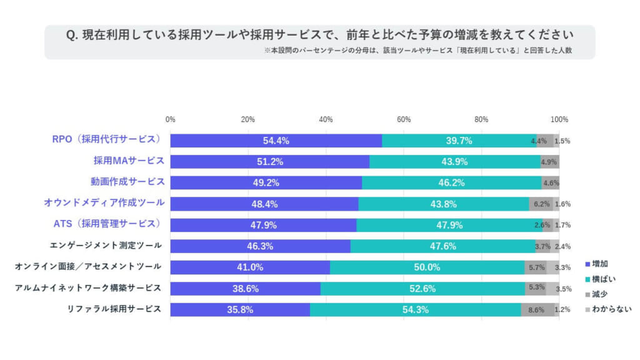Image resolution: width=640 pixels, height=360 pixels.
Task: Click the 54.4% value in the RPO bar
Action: pos(276,141)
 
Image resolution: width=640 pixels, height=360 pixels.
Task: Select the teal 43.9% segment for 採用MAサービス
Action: pos(454,162)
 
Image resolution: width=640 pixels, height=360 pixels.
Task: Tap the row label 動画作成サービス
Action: pos(127,182)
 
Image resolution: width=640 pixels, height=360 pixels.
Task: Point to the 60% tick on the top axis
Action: pos(403,119)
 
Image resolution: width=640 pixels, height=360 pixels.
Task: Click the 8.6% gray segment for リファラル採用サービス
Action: pos(536,309)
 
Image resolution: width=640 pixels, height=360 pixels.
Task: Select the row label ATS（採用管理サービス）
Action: pos(107,224)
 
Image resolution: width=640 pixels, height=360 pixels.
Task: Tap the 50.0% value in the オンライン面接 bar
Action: pos(427,267)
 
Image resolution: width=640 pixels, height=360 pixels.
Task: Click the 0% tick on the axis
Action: pos(170,119)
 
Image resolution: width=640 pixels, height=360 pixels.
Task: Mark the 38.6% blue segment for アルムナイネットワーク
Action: pos(245,288)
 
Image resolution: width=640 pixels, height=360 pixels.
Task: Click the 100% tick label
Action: pos(559,119)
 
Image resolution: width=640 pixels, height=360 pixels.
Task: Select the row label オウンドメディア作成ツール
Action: pos(104,202)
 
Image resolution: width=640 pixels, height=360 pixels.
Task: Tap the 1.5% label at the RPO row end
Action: pos(562,141)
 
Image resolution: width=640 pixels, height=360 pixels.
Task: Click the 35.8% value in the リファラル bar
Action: pos(240,309)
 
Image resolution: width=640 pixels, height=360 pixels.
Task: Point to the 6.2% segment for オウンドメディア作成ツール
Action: pos(541,204)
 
